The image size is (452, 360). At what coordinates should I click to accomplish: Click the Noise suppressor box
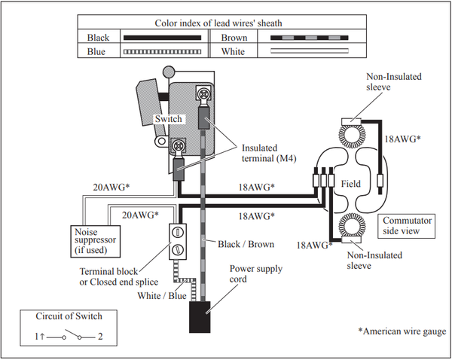click(x=96, y=241)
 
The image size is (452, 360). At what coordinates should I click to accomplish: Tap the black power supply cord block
click(x=200, y=317)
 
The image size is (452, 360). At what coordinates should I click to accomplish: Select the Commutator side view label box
click(x=407, y=226)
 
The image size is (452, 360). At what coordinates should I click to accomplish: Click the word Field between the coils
click(x=351, y=184)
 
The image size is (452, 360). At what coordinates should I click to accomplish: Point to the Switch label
click(x=169, y=119)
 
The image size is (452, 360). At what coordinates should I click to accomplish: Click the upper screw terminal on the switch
click(x=204, y=93)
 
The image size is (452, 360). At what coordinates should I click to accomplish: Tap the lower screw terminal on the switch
click(x=179, y=145)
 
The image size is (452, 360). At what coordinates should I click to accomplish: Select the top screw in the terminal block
click(x=178, y=232)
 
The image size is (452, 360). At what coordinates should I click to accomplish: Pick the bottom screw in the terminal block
click(x=178, y=249)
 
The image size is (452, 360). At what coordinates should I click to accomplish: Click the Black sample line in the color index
click(x=162, y=38)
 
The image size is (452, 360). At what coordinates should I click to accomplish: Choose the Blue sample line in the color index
click(x=162, y=52)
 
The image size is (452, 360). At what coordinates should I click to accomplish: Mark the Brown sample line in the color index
click(x=310, y=38)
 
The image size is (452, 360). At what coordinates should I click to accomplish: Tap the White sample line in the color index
click(x=310, y=51)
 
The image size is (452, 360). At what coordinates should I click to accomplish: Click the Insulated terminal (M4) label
click(x=269, y=153)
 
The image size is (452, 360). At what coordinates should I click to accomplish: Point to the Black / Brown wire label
click(x=246, y=245)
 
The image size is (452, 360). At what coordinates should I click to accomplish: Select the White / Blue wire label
click(x=162, y=296)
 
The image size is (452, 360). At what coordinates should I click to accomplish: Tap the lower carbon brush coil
click(x=352, y=225)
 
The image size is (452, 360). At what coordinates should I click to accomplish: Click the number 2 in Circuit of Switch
click(x=100, y=337)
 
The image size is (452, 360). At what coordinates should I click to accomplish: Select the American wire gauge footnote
click(x=402, y=331)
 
